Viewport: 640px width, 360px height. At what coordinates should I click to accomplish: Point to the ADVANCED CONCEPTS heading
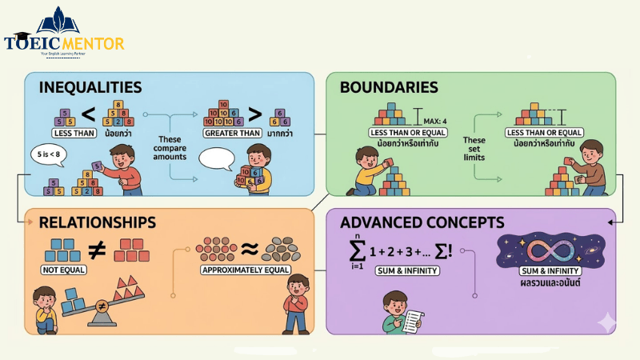coord(422,222)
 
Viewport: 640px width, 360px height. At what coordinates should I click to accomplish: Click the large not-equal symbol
coord(96,250)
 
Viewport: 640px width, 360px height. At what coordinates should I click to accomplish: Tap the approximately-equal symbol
coord(249,249)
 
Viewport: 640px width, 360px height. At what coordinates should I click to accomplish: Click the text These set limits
coord(475,148)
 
